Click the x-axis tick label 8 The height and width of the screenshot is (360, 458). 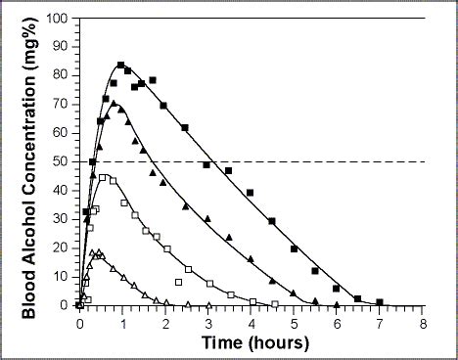(423, 320)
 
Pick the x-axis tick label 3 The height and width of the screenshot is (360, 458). (208, 320)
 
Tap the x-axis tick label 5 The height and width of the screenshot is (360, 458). (294, 320)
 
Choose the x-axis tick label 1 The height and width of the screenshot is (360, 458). (122, 320)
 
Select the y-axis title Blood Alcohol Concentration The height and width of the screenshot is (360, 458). (29, 161)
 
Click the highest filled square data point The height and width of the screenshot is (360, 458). (120, 66)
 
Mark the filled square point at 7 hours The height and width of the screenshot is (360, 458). (380, 302)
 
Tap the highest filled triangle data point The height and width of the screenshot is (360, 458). (114, 103)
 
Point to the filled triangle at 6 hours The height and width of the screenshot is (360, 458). (337, 304)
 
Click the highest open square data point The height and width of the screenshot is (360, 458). (103, 177)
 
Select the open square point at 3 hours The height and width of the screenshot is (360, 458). (208, 284)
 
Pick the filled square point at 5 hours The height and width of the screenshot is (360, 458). (294, 248)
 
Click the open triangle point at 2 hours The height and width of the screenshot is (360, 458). (165, 303)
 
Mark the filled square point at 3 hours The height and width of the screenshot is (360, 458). (206, 165)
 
